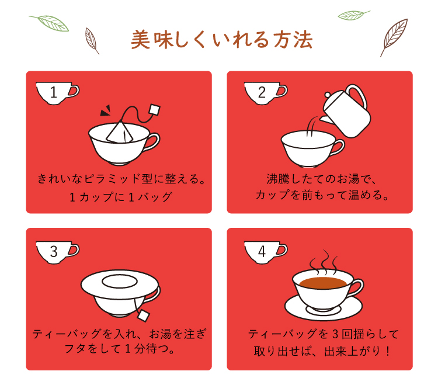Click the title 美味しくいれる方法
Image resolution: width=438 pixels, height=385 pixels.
(x=221, y=40)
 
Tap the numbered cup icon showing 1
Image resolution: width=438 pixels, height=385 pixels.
(x=57, y=93)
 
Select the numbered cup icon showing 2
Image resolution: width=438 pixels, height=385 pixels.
(x=265, y=93)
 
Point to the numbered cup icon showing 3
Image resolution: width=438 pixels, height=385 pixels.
(x=57, y=252)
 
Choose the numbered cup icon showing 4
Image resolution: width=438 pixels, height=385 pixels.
(x=265, y=252)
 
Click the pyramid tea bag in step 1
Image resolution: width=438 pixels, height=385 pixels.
(x=120, y=132)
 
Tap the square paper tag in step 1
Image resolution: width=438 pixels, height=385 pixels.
(x=155, y=109)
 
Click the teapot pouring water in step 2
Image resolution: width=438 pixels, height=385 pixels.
(x=346, y=111)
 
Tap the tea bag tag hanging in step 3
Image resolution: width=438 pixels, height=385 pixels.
(x=143, y=315)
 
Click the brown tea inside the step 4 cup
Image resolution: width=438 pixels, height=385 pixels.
(x=323, y=283)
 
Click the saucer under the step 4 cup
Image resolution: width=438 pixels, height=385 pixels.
(x=324, y=307)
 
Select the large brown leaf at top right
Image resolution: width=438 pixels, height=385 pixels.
(x=393, y=38)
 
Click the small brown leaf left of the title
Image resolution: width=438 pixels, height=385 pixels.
(x=92, y=41)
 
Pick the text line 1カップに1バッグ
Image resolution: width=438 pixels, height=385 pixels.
(x=121, y=197)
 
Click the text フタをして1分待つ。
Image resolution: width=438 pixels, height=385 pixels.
(x=120, y=349)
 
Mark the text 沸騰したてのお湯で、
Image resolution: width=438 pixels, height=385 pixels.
(x=321, y=179)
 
